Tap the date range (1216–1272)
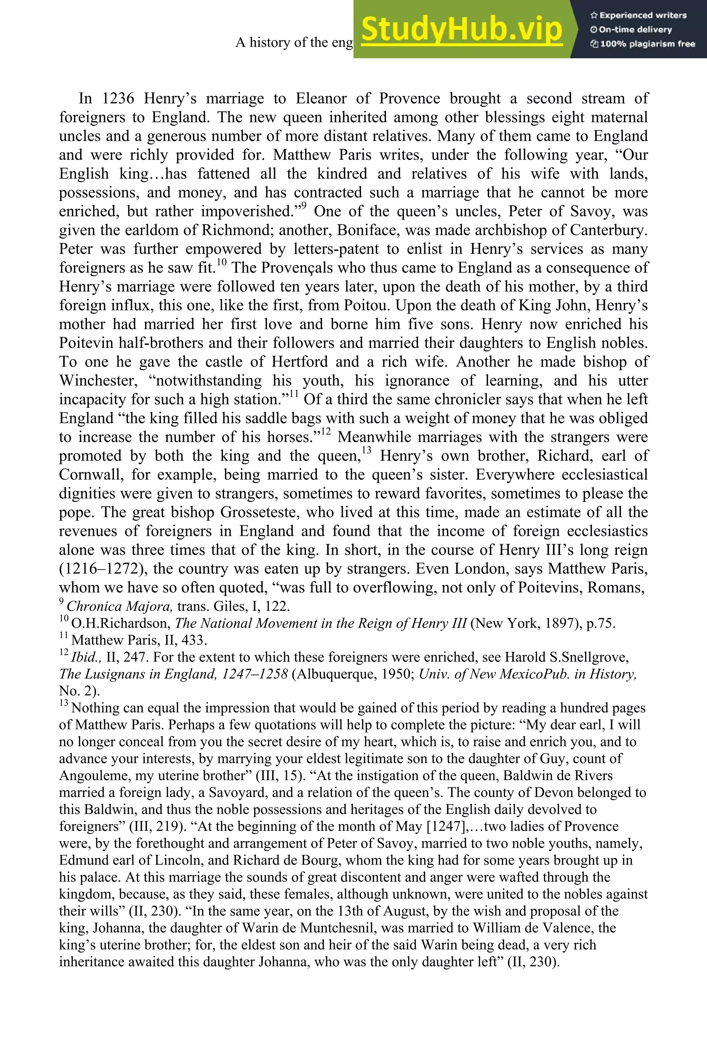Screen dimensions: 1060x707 (101, 569)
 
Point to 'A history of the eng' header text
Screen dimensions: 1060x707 (294, 42)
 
